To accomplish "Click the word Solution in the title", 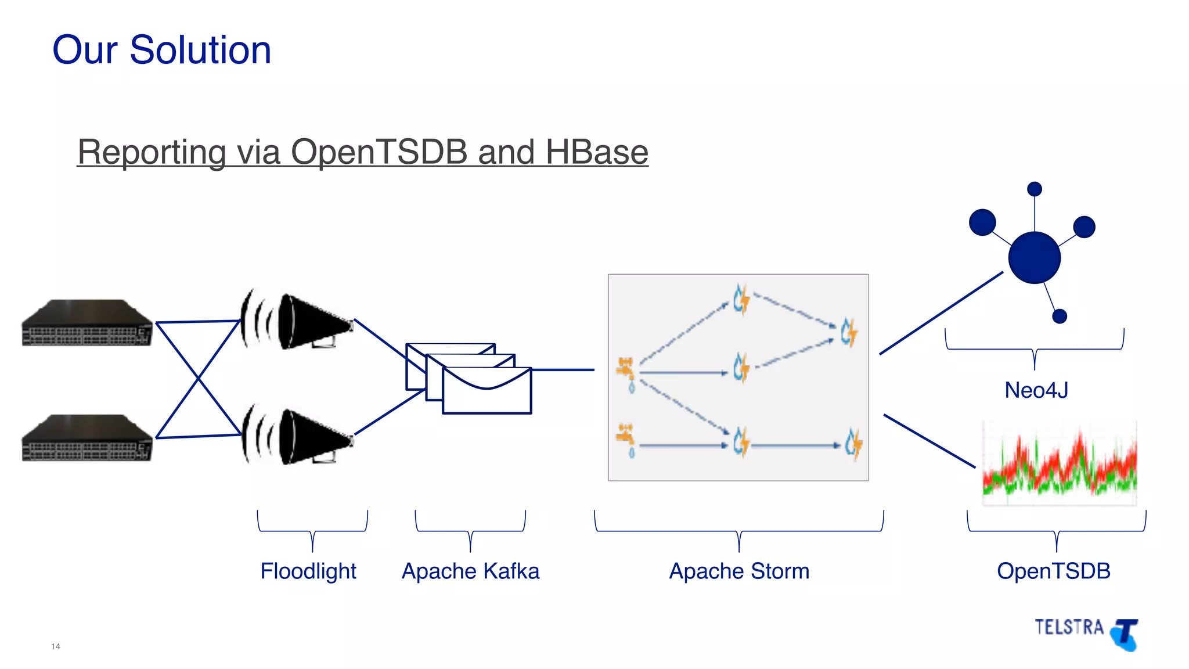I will [x=200, y=50].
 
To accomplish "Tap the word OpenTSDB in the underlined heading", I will [x=379, y=152].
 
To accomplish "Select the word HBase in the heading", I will [x=596, y=152].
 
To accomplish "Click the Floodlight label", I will [x=308, y=571].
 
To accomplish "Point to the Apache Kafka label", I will [x=470, y=571].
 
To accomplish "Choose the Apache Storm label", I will [x=739, y=571].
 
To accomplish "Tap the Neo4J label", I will [x=1036, y=390].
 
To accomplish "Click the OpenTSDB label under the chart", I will [x=1053, y=571].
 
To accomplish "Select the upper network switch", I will [x=87, y=323].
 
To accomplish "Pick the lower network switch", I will [x=87, y=438].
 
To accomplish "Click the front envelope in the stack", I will [x=487, y=392].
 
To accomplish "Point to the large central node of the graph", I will [x=1034, y=258].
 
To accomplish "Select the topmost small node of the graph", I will [x=1034, y=189].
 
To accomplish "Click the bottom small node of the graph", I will [x=1060, y=316].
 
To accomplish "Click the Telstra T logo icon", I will [x=1125, y=635].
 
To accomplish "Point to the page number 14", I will [x=56, y=646].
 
